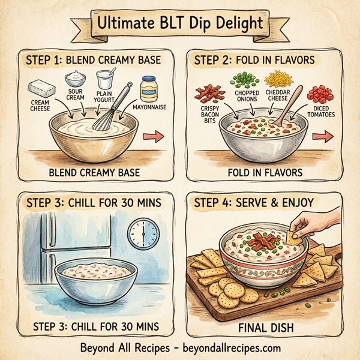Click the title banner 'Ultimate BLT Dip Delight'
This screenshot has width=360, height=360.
pyautogui.click(x=180, y=25)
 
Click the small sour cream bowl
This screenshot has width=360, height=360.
pyautogui.click(x=76, y=78)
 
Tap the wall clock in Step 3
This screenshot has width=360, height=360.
pyautogui.click(x=143, y=232)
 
